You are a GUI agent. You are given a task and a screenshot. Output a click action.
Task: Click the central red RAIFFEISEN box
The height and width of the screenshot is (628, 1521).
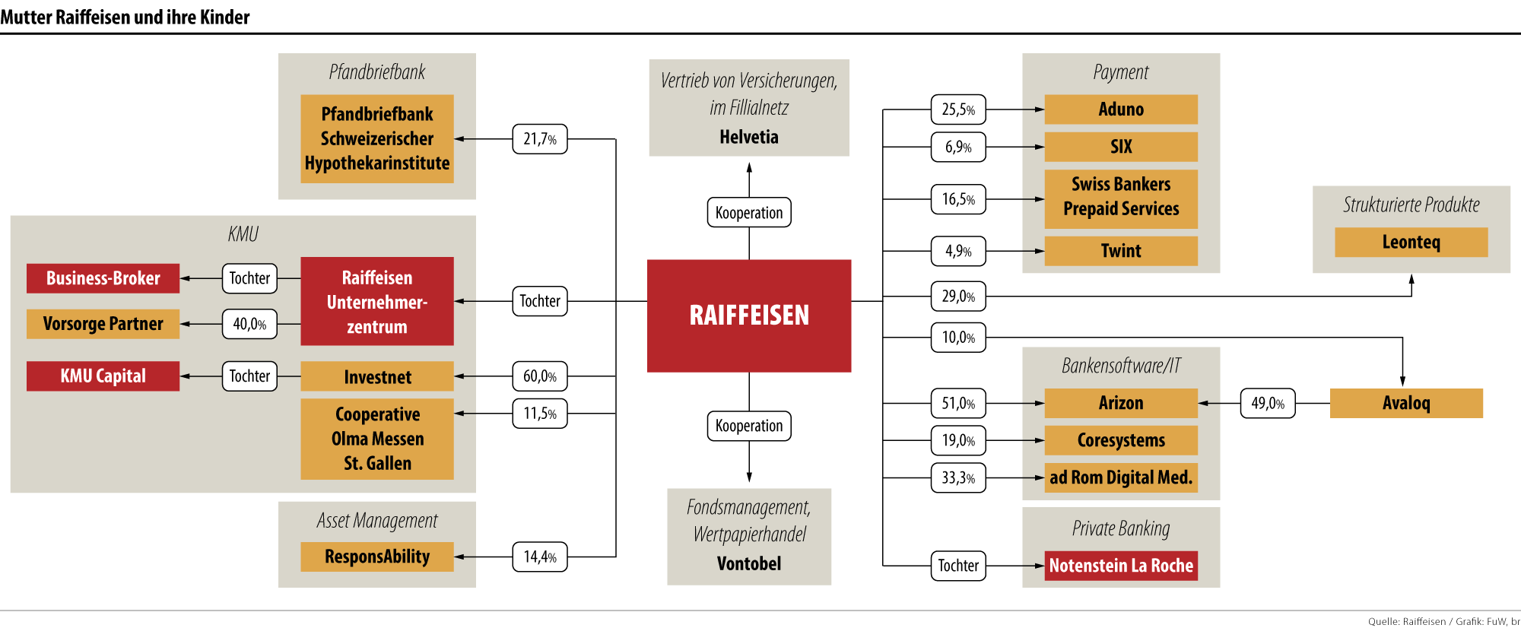tap(749, 316)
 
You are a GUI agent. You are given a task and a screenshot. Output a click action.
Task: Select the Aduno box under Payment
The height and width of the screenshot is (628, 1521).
tap(1120, 109)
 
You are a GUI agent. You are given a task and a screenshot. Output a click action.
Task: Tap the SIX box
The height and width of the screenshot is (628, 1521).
tap(1120, 147)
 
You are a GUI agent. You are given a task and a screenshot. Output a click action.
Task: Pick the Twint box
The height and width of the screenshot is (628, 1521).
tap(1120, 251)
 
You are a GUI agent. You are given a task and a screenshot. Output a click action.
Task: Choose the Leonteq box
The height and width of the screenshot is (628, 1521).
tap(1411, 243)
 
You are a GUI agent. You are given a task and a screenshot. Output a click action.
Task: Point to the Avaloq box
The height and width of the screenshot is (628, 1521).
tap(1406, 403)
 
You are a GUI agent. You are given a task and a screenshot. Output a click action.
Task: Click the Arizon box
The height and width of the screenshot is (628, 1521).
tap(1120, 403)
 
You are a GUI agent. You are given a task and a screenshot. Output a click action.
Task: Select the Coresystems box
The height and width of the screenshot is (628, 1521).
tap(1120, 440)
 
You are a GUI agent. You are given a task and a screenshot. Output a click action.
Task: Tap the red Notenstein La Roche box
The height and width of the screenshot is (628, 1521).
tap(1120, 566)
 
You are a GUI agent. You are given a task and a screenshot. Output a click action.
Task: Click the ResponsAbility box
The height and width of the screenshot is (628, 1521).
tap(377, 557)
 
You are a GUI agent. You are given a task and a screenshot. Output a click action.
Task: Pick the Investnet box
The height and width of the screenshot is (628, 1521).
tap(377, 376)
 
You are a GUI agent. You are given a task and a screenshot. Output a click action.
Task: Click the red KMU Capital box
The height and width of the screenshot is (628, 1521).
tap(103, 376)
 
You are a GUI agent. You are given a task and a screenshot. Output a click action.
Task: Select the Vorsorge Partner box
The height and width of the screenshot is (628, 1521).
tap(103, 324)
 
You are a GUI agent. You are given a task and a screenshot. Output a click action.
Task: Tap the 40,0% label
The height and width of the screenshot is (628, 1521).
tap(249, 324)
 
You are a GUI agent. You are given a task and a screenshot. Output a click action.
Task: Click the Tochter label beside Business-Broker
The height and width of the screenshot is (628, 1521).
tap(249, 278)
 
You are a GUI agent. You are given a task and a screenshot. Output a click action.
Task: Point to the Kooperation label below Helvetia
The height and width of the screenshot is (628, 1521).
tap(749, 213)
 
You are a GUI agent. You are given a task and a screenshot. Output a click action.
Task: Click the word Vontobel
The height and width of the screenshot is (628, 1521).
tap(749, 563)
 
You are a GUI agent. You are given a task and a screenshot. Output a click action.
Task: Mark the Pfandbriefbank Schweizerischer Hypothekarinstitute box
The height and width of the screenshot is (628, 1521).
tap(377, 138)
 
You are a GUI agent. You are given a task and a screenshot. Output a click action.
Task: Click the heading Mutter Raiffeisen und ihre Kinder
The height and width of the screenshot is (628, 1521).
tap(125, 16)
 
